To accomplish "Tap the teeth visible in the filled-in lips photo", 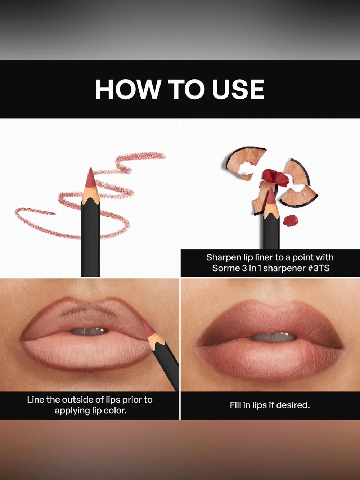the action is [x=273, y=337].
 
